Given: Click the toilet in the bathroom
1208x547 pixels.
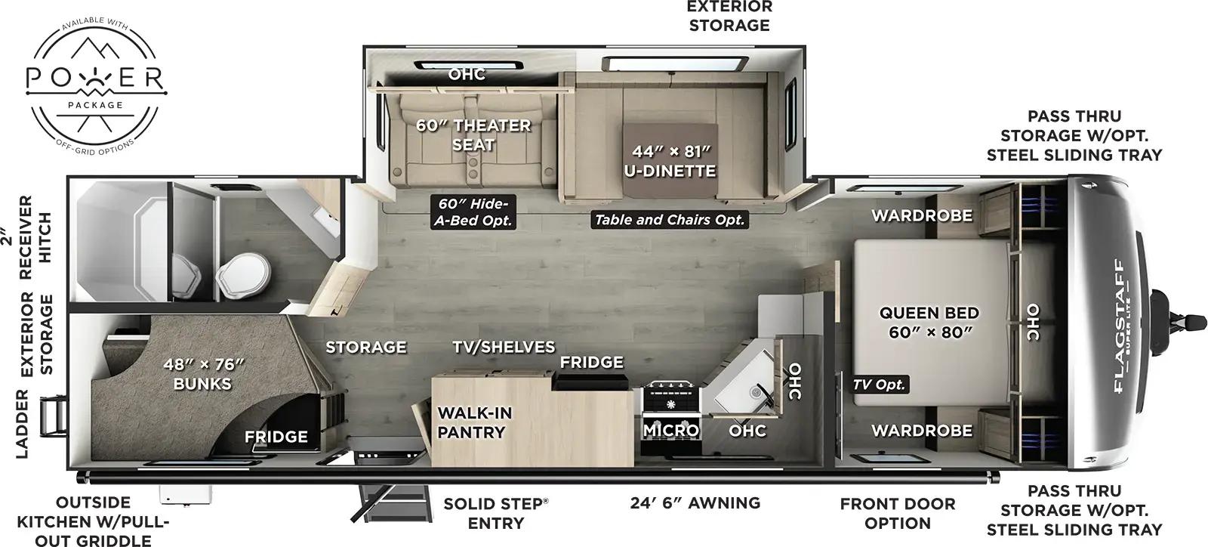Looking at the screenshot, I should (243, 279).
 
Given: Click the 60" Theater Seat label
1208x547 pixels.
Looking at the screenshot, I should (474, 134).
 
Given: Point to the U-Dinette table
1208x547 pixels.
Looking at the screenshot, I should (669, 161).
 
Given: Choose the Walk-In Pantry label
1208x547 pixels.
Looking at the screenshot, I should (475, 422).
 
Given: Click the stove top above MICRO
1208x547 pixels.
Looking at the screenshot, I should (671, 399).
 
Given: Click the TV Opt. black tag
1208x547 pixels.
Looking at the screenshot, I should (880, 385).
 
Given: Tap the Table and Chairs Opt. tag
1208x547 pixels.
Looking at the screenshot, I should (670, 220).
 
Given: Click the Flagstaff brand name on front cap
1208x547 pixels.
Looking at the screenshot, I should (1118, 326).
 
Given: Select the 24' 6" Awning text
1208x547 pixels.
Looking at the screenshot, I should (695, 503).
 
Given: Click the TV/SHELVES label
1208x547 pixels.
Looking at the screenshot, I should (504, 347).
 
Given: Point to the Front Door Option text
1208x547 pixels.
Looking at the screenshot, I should (898, 513).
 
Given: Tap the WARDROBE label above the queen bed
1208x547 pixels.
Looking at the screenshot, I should (922, 215).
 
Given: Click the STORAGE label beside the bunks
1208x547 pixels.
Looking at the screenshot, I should (366, 347).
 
